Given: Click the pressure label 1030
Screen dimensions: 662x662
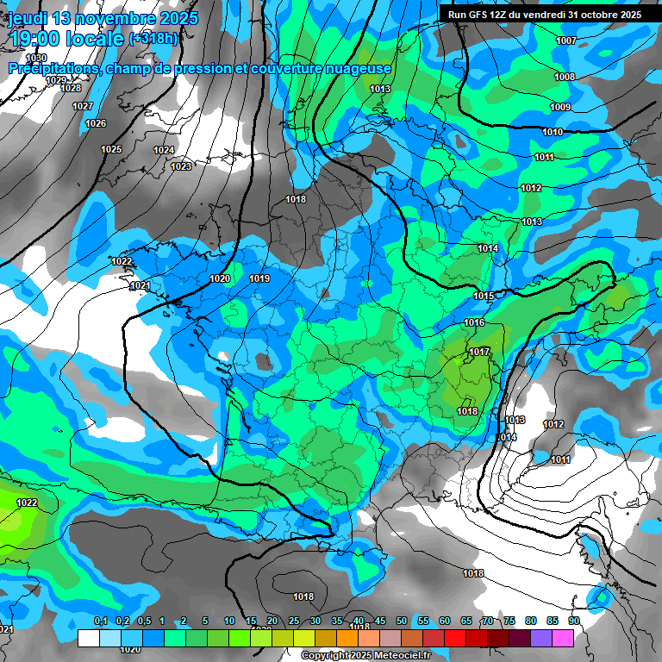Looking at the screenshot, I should [36, 58].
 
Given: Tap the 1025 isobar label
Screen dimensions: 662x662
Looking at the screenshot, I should [111, 149].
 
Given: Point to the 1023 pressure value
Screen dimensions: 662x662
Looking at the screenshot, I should [181, 166].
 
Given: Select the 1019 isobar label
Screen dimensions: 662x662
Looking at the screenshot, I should [259, 278].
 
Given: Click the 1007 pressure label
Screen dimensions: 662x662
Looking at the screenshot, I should [566, 41].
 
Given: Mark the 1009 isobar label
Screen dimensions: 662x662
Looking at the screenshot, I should [560, 107].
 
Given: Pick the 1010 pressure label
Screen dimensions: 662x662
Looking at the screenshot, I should [553, 132].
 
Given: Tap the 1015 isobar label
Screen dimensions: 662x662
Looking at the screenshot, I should [484, 297].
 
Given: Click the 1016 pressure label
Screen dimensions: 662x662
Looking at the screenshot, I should [474, 323].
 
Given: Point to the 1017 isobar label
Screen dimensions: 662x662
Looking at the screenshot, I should [480, 352].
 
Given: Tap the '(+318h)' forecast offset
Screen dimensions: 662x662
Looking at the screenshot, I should [153, 39].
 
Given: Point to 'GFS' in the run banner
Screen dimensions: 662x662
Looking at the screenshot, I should [481, 15].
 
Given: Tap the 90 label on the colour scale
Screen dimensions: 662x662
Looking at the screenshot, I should [573, 621].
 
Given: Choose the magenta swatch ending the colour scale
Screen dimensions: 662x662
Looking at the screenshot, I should [563, 638].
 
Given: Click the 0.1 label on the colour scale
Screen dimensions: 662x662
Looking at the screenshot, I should [101, 621].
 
